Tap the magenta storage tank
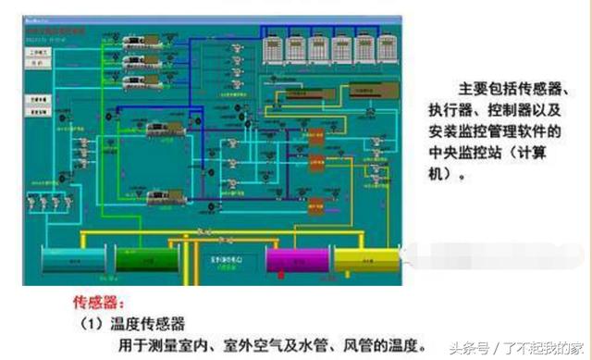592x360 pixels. click(292, 258)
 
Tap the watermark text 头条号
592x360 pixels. click(466, 349)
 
